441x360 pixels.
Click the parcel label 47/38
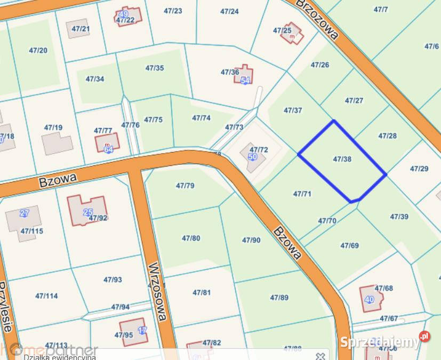pyautogui.click(x=342, y=159)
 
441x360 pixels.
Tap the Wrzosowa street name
pyautogui.click(x=158, y=291)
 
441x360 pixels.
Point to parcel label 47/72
pyautogui.click(x=259, y=150)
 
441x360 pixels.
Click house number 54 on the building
pyautogui.click(x=245, y=81)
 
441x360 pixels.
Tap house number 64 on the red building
pyautogui.click(x=108, y=149)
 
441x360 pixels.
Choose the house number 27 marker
pyautogui.click(x=24, y=213)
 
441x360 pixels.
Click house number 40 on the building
pyautogui.click(x=369, y=299)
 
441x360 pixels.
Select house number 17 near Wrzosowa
pyautogui.click(x=142, y=330)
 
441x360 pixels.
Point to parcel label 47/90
pyautogui.click(x=251, y=240)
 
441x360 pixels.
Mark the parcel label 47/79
pyautogui.click(x=185, y=186)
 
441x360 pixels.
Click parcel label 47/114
pyautogui.click(x=46, y=295)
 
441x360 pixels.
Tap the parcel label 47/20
pyautogui.click(x=38, y=51)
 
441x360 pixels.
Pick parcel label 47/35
pyautogui.click(x=155, y=68)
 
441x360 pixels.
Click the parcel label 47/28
pyautogui.click(x=388, y=135)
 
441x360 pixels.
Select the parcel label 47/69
pyautogui.click(x=349, y=245)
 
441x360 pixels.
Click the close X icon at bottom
pyautogui.click(x=319, y=356)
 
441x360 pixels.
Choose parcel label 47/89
pyautogui.click(x=279, y=298)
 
